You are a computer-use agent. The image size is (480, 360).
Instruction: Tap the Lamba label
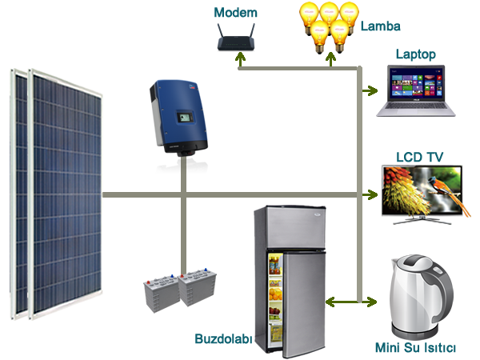[379, 27]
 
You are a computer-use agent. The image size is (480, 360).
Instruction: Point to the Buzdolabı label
[222, 339]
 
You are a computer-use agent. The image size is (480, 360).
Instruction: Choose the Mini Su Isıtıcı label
[415, 348]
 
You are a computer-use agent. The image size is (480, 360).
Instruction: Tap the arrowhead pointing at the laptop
[372, 91]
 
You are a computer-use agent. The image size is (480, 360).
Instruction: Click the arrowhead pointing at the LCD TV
[372, 194]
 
